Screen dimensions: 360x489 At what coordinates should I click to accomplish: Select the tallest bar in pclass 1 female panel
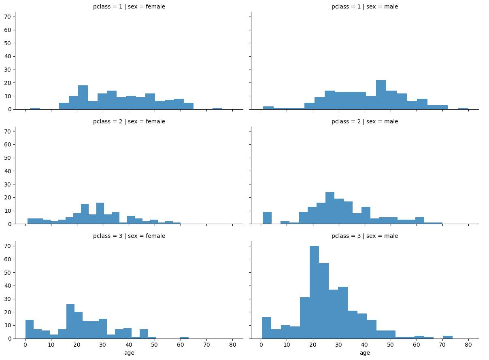83,97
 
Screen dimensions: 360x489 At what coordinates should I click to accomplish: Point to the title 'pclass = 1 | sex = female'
129,7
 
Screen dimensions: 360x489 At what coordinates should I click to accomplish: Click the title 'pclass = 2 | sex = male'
365,121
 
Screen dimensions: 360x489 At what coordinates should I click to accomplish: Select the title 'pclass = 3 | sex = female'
129,236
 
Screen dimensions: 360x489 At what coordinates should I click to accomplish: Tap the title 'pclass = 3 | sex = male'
365,236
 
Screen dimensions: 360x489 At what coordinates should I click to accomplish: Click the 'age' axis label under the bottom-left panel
129,353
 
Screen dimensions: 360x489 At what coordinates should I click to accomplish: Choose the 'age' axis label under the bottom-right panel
365,353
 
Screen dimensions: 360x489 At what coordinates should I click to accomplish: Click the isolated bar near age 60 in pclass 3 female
184,338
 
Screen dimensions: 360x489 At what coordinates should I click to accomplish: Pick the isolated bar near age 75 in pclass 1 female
217,108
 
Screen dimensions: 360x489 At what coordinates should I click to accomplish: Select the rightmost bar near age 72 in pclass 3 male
448,337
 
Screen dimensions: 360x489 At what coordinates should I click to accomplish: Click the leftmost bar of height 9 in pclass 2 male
267,218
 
